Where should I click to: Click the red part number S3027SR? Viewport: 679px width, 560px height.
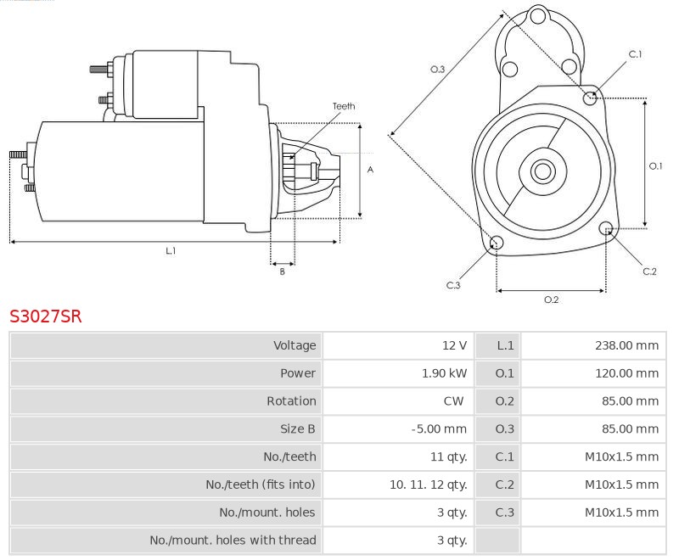click(x=46, y=317)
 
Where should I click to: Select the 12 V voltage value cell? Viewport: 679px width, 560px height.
click(x=454, y=345)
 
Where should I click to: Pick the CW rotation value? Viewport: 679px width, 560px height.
click(x=453, y=400)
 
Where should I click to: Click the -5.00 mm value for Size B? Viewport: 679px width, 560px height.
click(x=440, y=428)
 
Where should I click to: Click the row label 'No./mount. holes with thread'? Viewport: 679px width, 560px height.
click(x=233, y=540)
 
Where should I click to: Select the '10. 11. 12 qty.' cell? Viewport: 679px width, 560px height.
click(x=428, y=484)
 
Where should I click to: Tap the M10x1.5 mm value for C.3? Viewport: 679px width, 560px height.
click(x=622, y=512)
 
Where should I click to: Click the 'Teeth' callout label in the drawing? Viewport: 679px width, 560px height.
click(x=344, y=106)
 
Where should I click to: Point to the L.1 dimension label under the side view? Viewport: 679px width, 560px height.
click(x=171, y=251)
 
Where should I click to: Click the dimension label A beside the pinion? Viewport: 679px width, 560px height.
click(x=370, y=170)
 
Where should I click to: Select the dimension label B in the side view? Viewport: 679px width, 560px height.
click(x=283, y=272)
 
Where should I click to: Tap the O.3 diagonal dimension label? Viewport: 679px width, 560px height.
click(x=438, y=69)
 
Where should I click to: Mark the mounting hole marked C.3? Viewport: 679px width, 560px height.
click(x=497, y=244)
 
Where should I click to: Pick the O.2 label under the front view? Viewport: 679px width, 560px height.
click(x=551, y=300)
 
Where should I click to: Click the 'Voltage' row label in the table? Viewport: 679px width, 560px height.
click(x=294, y=345)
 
